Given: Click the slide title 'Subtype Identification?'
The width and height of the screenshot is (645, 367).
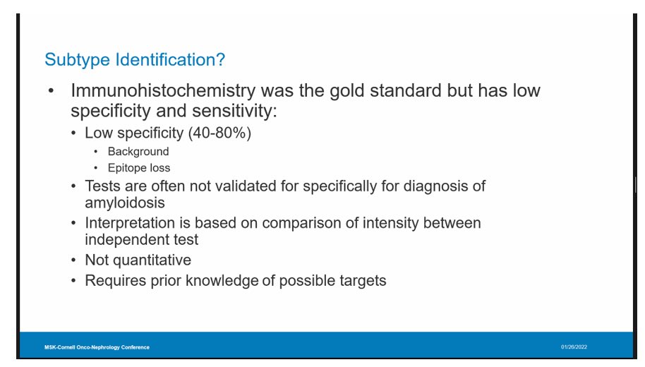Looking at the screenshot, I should point(135,60).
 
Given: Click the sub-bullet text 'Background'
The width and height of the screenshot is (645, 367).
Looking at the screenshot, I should point(138,151).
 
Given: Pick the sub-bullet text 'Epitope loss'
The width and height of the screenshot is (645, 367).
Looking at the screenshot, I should point(139,168).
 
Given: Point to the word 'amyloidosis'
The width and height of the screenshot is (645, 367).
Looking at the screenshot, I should point(125,203).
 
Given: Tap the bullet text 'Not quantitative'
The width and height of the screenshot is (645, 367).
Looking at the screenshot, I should point(138,260).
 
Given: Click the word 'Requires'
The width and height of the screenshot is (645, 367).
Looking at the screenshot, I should point(114,280).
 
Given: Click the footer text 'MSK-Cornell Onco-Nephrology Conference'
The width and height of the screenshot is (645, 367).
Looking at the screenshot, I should point(97,347).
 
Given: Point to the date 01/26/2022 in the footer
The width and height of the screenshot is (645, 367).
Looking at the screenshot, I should point(574,347).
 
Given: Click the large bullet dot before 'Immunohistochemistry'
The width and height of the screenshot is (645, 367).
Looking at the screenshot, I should point(51,92).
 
